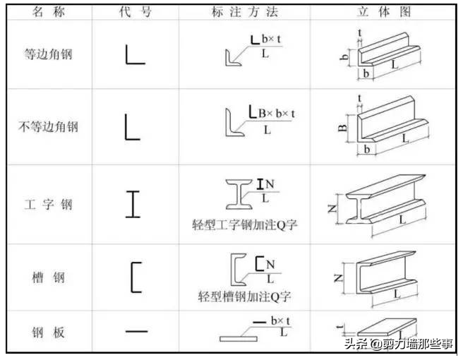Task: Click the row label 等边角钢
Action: point(47,54)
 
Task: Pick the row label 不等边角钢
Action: point(47,127)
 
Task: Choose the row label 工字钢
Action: point(47,205)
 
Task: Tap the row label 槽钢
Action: point(47,277)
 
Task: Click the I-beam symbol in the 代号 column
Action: point(133,205)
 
